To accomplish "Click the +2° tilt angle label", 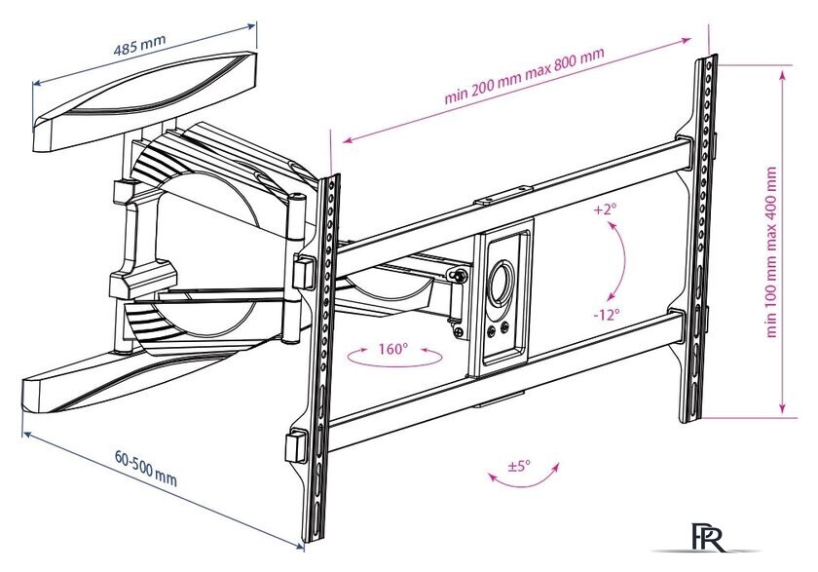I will coord(605,210).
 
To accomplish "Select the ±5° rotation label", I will coord(519,467).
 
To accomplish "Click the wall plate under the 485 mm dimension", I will coord(146,102).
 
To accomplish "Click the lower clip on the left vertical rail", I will coord(294,447).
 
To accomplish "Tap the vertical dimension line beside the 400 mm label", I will coord(785,244).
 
